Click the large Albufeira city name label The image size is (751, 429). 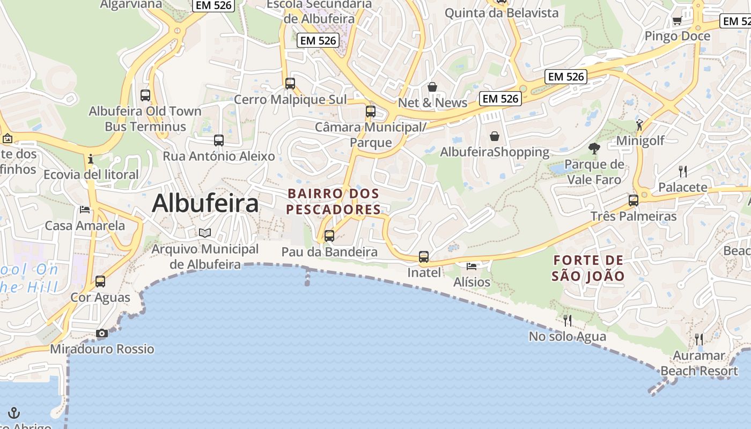[205, 204]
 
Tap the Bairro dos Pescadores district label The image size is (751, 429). [334, 201]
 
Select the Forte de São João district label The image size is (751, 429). [588, 268]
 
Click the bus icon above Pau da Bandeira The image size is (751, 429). [329, 235]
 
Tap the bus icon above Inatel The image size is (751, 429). [424, 257]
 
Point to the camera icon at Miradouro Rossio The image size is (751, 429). [101, 334]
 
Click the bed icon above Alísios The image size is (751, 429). [472, 266]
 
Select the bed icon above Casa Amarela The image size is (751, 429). [85, 209]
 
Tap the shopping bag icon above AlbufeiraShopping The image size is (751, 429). [495, 136]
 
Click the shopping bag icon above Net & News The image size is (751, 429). [432, 86]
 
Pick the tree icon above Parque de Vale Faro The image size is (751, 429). [594, 148]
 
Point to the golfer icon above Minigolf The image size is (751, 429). [639, 125]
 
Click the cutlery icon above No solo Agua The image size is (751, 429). [567, 320]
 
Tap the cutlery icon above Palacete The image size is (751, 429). [682, 171]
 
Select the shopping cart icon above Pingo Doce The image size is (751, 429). [677, 21]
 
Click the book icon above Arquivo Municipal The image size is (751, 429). [205, 233]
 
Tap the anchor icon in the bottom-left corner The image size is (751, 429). [14, 412]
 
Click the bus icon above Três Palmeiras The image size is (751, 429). [634, 201]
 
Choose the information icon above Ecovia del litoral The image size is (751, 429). [91, 159]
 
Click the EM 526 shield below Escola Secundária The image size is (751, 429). [318, 40]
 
